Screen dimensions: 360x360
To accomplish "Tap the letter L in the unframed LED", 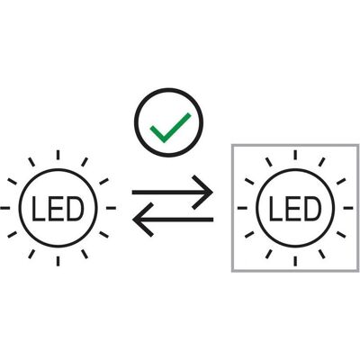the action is click(x=38, y=209).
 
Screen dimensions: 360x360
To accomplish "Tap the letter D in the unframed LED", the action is click(x=74, y=209).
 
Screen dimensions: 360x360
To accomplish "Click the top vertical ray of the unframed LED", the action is click(x=58, y=155).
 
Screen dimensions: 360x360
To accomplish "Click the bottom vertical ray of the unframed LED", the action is click(x=58, y=261).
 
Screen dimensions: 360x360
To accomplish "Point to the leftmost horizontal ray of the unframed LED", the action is click(x=4, y=208).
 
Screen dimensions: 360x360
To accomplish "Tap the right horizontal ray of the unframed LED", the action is click(x=111, y=208).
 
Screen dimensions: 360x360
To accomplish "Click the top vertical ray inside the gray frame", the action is click(x=295, y=155).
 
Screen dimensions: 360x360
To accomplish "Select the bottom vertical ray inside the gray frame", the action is click(x=295, y=261).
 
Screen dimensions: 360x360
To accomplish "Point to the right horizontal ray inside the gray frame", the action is click(x=348, y=208).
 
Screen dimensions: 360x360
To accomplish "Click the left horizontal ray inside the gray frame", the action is click(x=242, y=208).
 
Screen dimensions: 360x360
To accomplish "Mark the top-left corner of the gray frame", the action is click(x=232, y=145).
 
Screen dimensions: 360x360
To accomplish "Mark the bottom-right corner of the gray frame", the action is click(x=358, y=272).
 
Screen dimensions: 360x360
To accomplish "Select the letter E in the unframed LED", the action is click(x=54, y=209).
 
